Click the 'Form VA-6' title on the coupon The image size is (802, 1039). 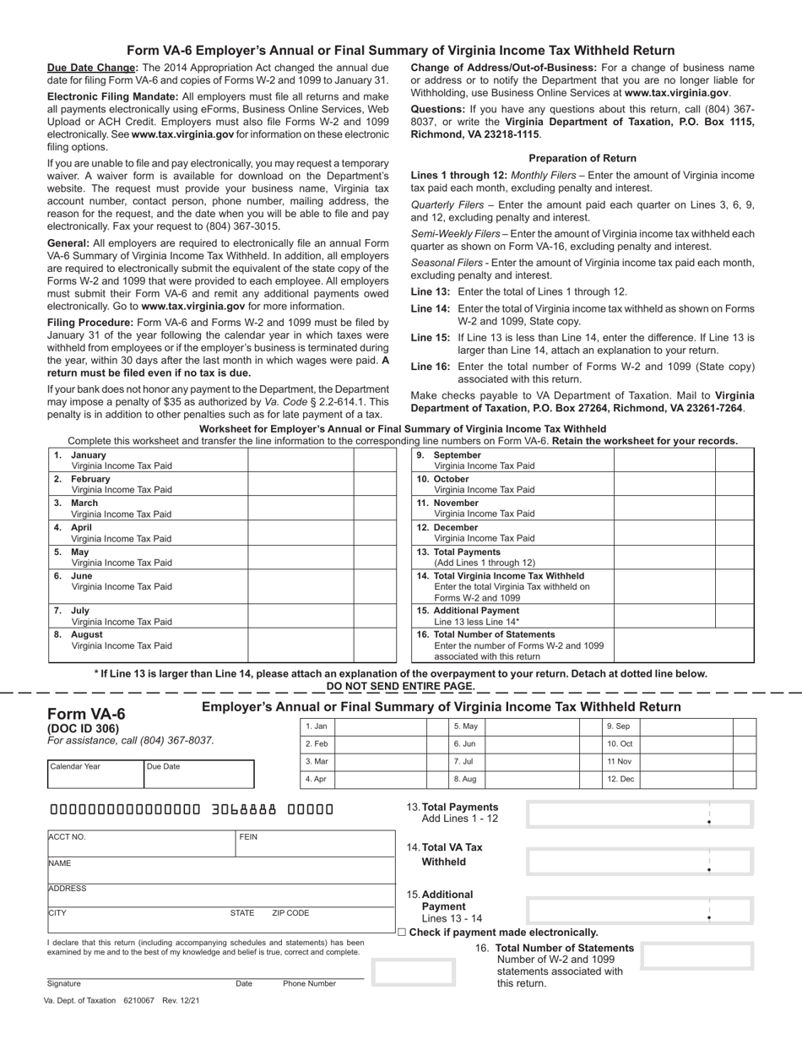pos(86,714)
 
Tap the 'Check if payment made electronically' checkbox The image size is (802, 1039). pos(402,933)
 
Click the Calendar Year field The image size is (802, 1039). pos(95,774)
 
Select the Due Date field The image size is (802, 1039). pos(198,774)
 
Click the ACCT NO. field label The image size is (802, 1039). pos(68,837)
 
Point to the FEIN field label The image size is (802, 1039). pos(248,837)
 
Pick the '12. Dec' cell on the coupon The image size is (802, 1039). pos(620,779)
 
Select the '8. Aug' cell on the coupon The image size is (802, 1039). pos(465,779)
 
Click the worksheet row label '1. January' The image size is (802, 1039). pos(89,454)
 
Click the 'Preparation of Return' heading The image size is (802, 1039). pos(583,158)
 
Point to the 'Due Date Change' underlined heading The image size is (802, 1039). pos(92,68)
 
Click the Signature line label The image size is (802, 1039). pos(64,983)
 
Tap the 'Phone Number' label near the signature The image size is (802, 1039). pos(309,983)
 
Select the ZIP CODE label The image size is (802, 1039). pos(290,913)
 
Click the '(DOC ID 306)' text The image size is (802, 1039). pos(84,729)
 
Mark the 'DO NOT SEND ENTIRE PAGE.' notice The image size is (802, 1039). pos(400,686)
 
